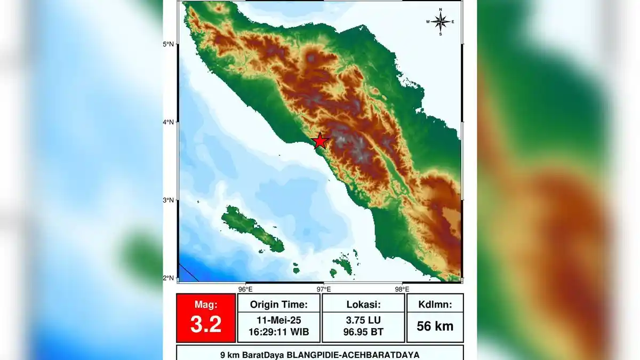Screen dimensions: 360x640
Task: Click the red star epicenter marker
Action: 320,141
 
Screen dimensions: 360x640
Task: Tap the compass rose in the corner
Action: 441,21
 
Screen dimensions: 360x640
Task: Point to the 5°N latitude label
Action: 169,44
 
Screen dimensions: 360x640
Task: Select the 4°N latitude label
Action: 169,122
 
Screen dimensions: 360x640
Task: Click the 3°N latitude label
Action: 169,200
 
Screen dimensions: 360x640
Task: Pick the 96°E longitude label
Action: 245,289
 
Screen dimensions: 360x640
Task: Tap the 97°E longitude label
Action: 323,289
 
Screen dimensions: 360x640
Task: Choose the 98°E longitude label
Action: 402,289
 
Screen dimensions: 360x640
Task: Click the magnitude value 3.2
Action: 205,324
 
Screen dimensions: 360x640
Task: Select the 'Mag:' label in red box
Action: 205,305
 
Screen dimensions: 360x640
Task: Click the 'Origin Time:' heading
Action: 278,305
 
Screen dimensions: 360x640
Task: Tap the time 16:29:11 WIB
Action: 278,332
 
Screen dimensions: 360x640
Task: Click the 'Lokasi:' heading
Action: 363,305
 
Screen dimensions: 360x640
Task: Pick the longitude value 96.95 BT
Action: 363,332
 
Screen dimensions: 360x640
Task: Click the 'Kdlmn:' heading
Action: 435,305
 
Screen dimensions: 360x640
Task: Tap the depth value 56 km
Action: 435,326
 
